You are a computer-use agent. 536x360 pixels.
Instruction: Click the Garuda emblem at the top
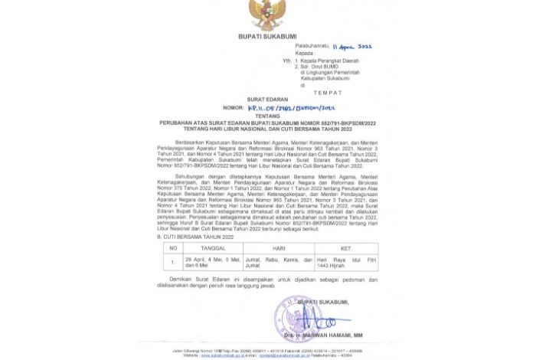click(267, 15)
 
